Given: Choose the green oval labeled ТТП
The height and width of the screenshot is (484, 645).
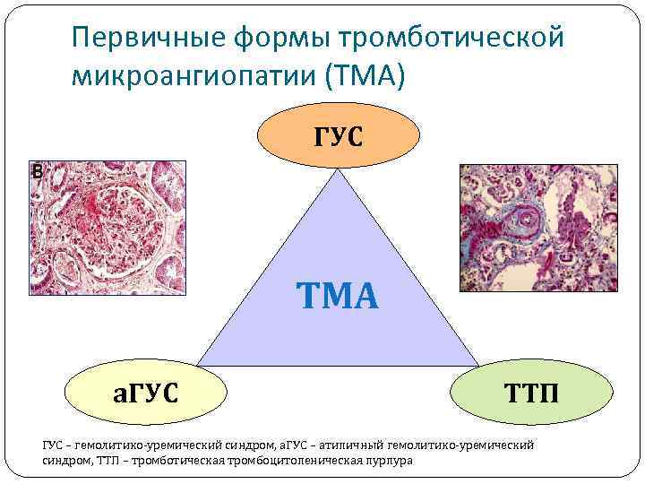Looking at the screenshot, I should click(531, 391).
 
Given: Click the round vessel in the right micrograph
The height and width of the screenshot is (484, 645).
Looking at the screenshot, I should click(524, 218).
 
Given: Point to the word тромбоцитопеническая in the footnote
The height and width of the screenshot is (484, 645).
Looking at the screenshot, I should click(298, 460).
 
